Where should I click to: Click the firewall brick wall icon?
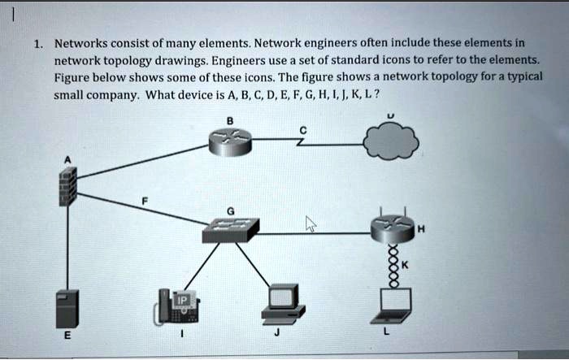point(67,187)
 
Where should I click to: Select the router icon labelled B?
point(230,142)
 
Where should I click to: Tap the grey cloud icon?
point(391,141)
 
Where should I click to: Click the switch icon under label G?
point(231,230)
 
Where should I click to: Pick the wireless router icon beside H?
point(393,225)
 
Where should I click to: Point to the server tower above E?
point(67,309)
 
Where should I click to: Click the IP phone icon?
point(176,306)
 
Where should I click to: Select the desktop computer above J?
point(284,304)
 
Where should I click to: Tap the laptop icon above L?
point(392,306)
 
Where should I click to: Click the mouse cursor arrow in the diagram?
point(311,223)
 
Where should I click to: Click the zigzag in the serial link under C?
point(301,141)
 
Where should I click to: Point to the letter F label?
point(145,201)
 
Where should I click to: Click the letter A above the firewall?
point(67,160)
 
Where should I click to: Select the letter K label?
point(405,265)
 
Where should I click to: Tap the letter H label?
point(421,229)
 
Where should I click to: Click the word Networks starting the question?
point(81,44)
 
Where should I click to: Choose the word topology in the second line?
point(128,61)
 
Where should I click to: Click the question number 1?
point(38,44)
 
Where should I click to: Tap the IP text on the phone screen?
point(183,300)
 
